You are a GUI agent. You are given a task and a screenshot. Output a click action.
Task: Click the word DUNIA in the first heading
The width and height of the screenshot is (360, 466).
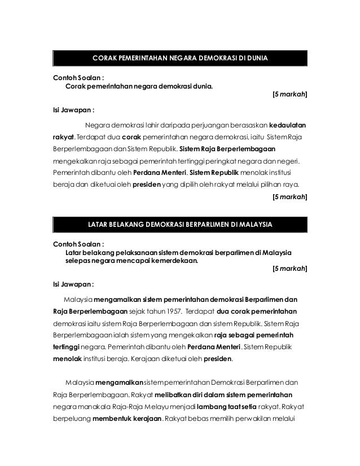pos(256,58)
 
